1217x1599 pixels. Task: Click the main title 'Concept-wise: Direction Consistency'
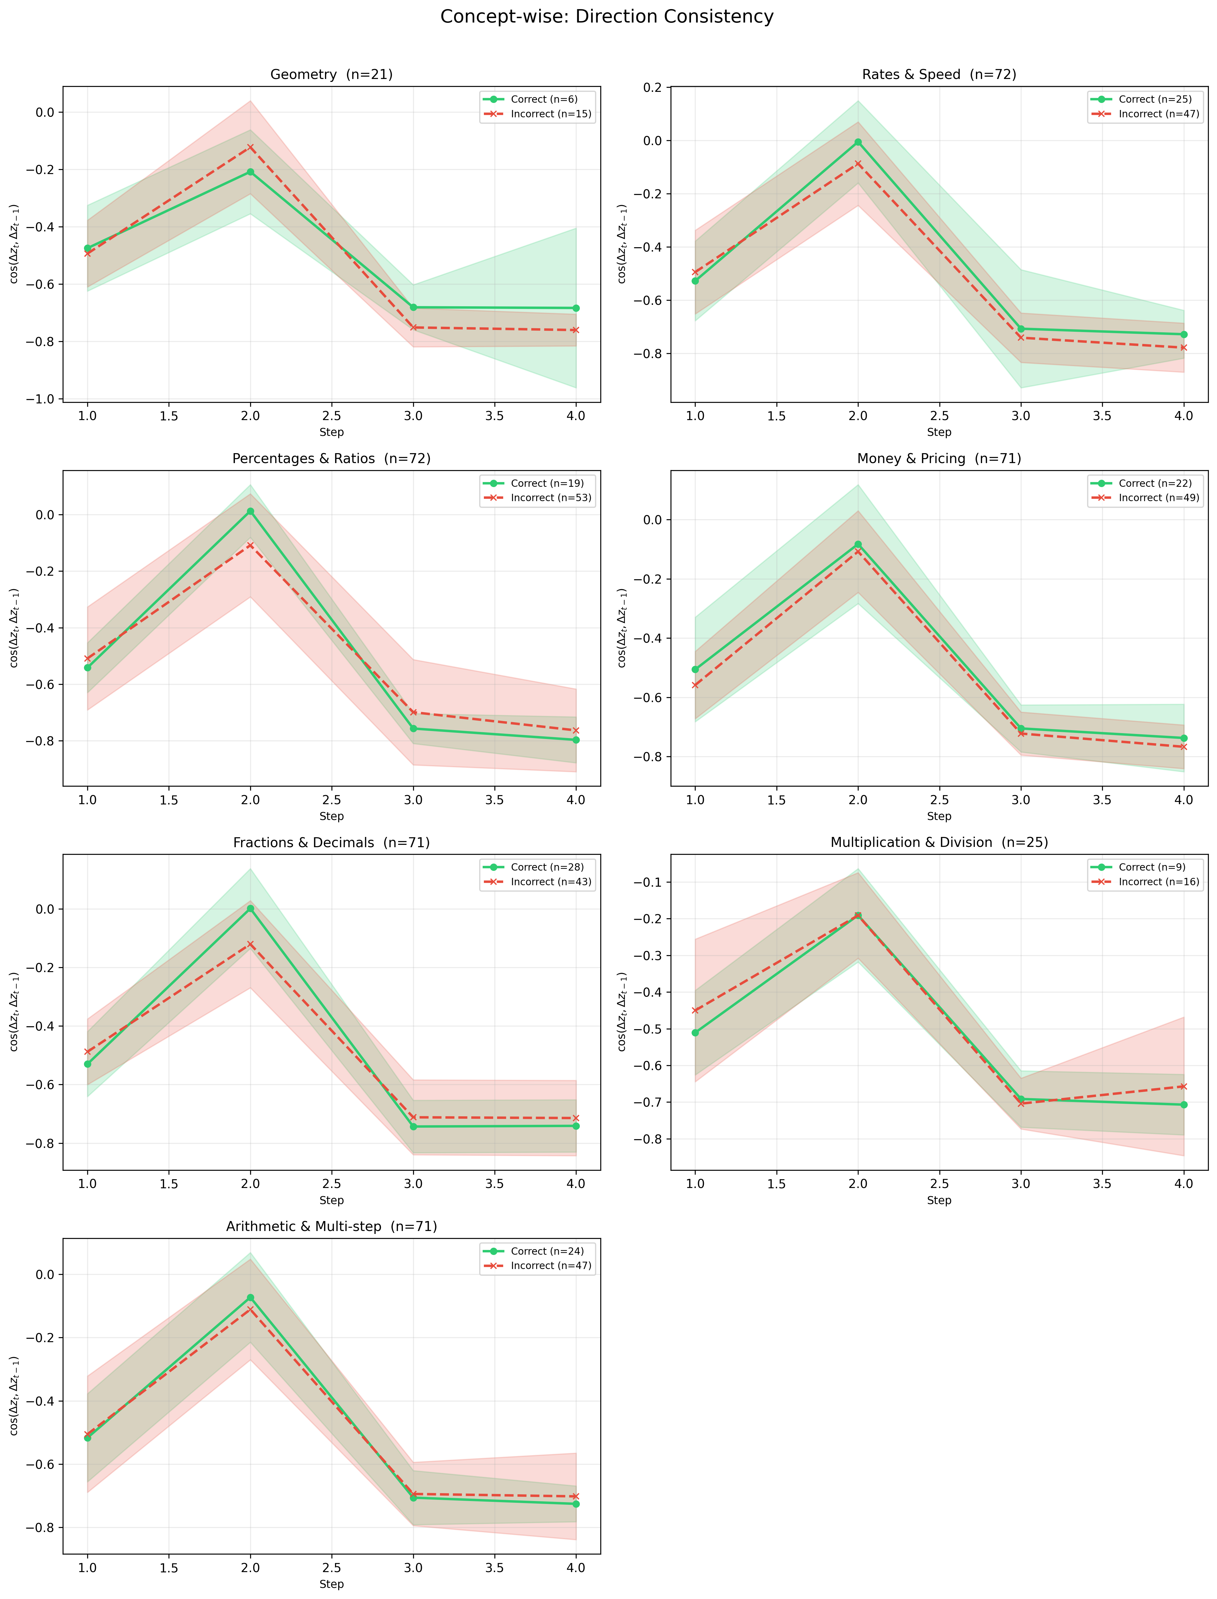[607, 17]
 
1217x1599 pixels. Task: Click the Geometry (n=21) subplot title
[332, 75]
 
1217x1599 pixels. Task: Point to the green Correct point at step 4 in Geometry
[576, 308]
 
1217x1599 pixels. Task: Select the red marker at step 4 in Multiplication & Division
[1184, 1086]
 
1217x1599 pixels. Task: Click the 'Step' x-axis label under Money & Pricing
[939, 816]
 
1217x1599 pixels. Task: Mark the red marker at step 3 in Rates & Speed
[1021, 338]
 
